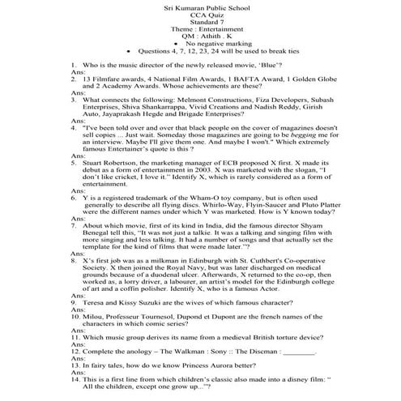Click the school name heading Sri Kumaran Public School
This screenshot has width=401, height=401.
[200, 6]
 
